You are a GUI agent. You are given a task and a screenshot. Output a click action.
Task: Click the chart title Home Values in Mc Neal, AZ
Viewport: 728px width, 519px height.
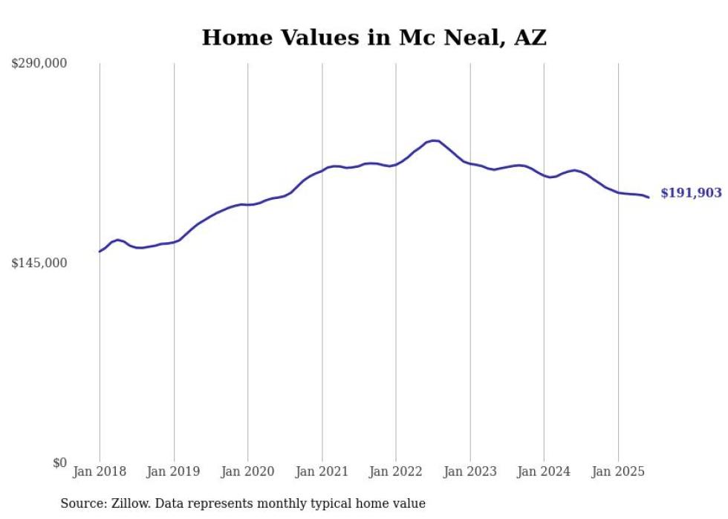[374, 38]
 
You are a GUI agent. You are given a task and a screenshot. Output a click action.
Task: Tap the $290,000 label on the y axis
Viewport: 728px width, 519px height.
[39, 64]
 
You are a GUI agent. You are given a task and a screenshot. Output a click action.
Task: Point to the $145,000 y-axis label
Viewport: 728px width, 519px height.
[39, 263]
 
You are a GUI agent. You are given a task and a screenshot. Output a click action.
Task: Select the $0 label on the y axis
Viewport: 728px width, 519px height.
[59, 463]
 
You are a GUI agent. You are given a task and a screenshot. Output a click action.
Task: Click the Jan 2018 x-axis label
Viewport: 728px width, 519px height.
[100, 471]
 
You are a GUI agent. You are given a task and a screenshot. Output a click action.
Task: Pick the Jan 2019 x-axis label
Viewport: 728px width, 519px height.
[174, 471]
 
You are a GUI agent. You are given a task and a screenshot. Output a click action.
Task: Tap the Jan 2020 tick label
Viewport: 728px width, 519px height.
[248, 471]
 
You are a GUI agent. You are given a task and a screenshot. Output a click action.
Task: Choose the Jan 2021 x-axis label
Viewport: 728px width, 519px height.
[322, 471]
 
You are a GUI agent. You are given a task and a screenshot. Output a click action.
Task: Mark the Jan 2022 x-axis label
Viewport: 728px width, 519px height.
[396, 471]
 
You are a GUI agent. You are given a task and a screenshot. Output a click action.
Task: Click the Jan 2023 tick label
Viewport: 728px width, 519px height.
[470, 471]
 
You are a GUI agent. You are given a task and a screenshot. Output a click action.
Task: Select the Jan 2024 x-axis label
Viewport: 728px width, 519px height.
[544, 471]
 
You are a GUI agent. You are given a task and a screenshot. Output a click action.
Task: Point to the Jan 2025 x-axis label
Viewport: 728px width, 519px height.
[618, 471]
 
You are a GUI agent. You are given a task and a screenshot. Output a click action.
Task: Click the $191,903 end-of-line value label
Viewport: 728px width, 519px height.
[691, 193]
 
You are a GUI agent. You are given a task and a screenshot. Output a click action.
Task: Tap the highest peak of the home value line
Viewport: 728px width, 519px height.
[434, 140]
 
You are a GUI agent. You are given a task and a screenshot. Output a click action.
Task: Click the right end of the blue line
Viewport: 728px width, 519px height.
[649, 198]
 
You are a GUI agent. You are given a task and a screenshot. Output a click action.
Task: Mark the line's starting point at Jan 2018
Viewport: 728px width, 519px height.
[100, 252]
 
